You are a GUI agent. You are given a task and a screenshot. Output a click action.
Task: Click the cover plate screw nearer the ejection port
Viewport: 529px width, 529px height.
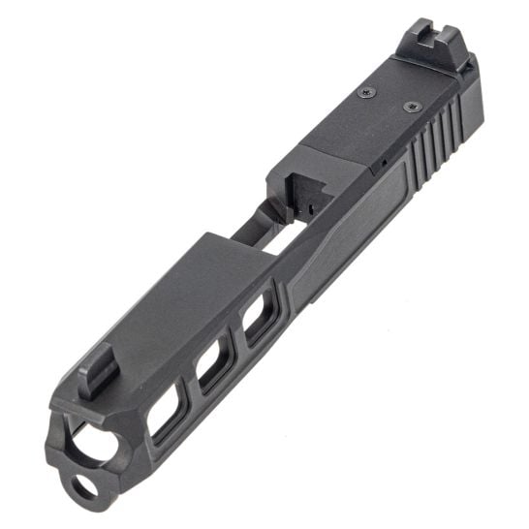365,93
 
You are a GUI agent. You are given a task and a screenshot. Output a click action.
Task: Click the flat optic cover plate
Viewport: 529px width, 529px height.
388,107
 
